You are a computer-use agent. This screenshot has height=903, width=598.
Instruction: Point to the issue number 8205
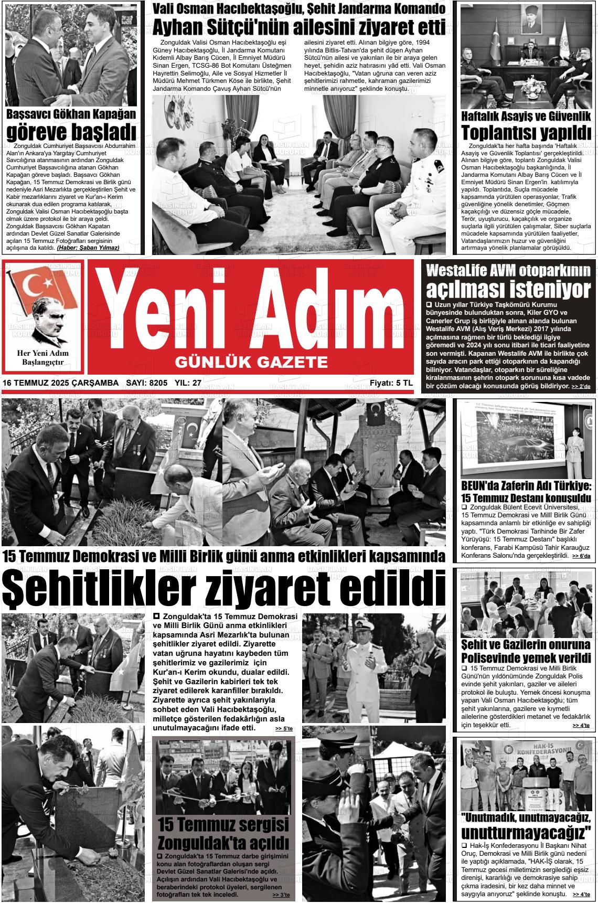point(158,384)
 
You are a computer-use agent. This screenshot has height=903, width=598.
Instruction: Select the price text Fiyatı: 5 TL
point(391,384)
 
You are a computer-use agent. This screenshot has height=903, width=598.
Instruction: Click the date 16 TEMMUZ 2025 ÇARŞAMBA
point(60,384)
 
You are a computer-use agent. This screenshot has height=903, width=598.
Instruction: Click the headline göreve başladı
point(71,131)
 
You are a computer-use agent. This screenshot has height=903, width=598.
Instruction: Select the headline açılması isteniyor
point(508,289)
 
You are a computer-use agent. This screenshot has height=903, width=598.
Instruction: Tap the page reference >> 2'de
point(581,387)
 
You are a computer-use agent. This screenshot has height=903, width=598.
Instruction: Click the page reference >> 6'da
point(581,556)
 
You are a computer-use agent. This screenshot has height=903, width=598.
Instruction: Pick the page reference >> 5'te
point(284,729)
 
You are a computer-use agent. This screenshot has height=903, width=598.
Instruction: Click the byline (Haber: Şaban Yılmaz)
point(88,248)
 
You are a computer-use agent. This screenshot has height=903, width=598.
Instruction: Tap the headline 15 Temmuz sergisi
point(223,824)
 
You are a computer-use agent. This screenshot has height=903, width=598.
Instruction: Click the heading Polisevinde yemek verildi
point(526,657)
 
